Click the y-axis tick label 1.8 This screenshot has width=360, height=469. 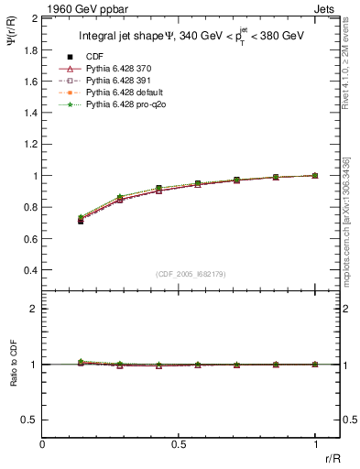pyautogui.click(x=31, y=49)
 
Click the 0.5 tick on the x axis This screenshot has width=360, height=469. pyautogui.click(x=179, y=445)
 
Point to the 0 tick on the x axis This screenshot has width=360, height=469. pyautogui.click(x=42, y=445)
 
